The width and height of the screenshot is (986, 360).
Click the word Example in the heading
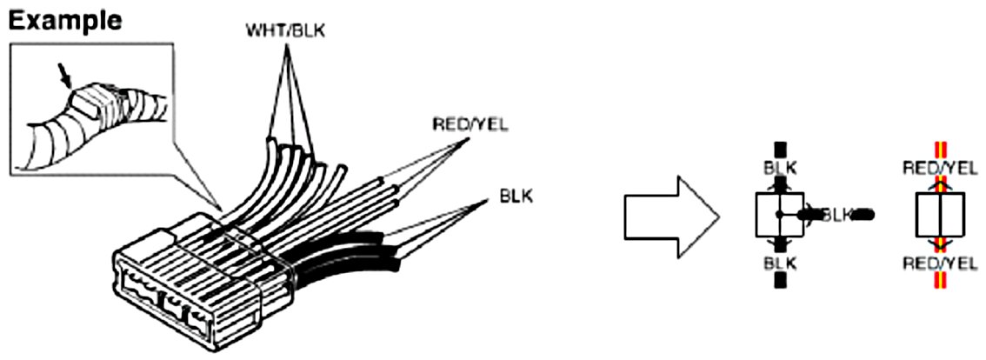65,20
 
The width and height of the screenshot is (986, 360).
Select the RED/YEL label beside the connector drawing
470,124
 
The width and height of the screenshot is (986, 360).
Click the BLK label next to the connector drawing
516,197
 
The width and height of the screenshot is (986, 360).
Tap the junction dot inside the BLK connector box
780,214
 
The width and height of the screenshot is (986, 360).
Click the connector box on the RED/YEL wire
939,215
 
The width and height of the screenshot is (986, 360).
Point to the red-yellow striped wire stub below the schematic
939,280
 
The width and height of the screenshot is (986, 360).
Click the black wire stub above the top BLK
780,149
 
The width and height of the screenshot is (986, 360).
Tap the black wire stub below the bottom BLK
780,280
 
